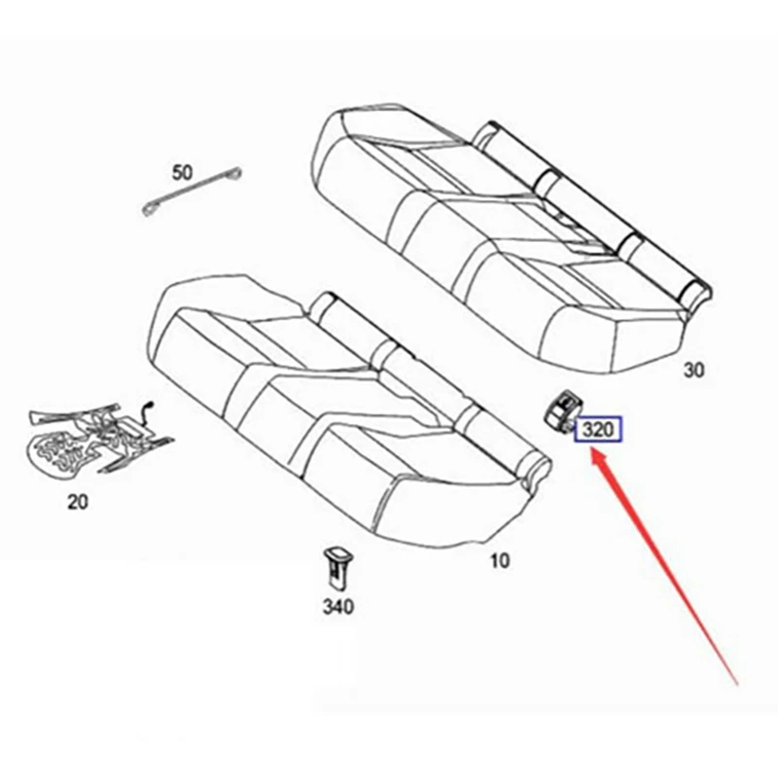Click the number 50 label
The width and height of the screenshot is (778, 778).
182,173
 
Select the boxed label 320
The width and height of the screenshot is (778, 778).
598,430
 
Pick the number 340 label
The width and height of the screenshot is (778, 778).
336,608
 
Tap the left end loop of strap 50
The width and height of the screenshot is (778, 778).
153,208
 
